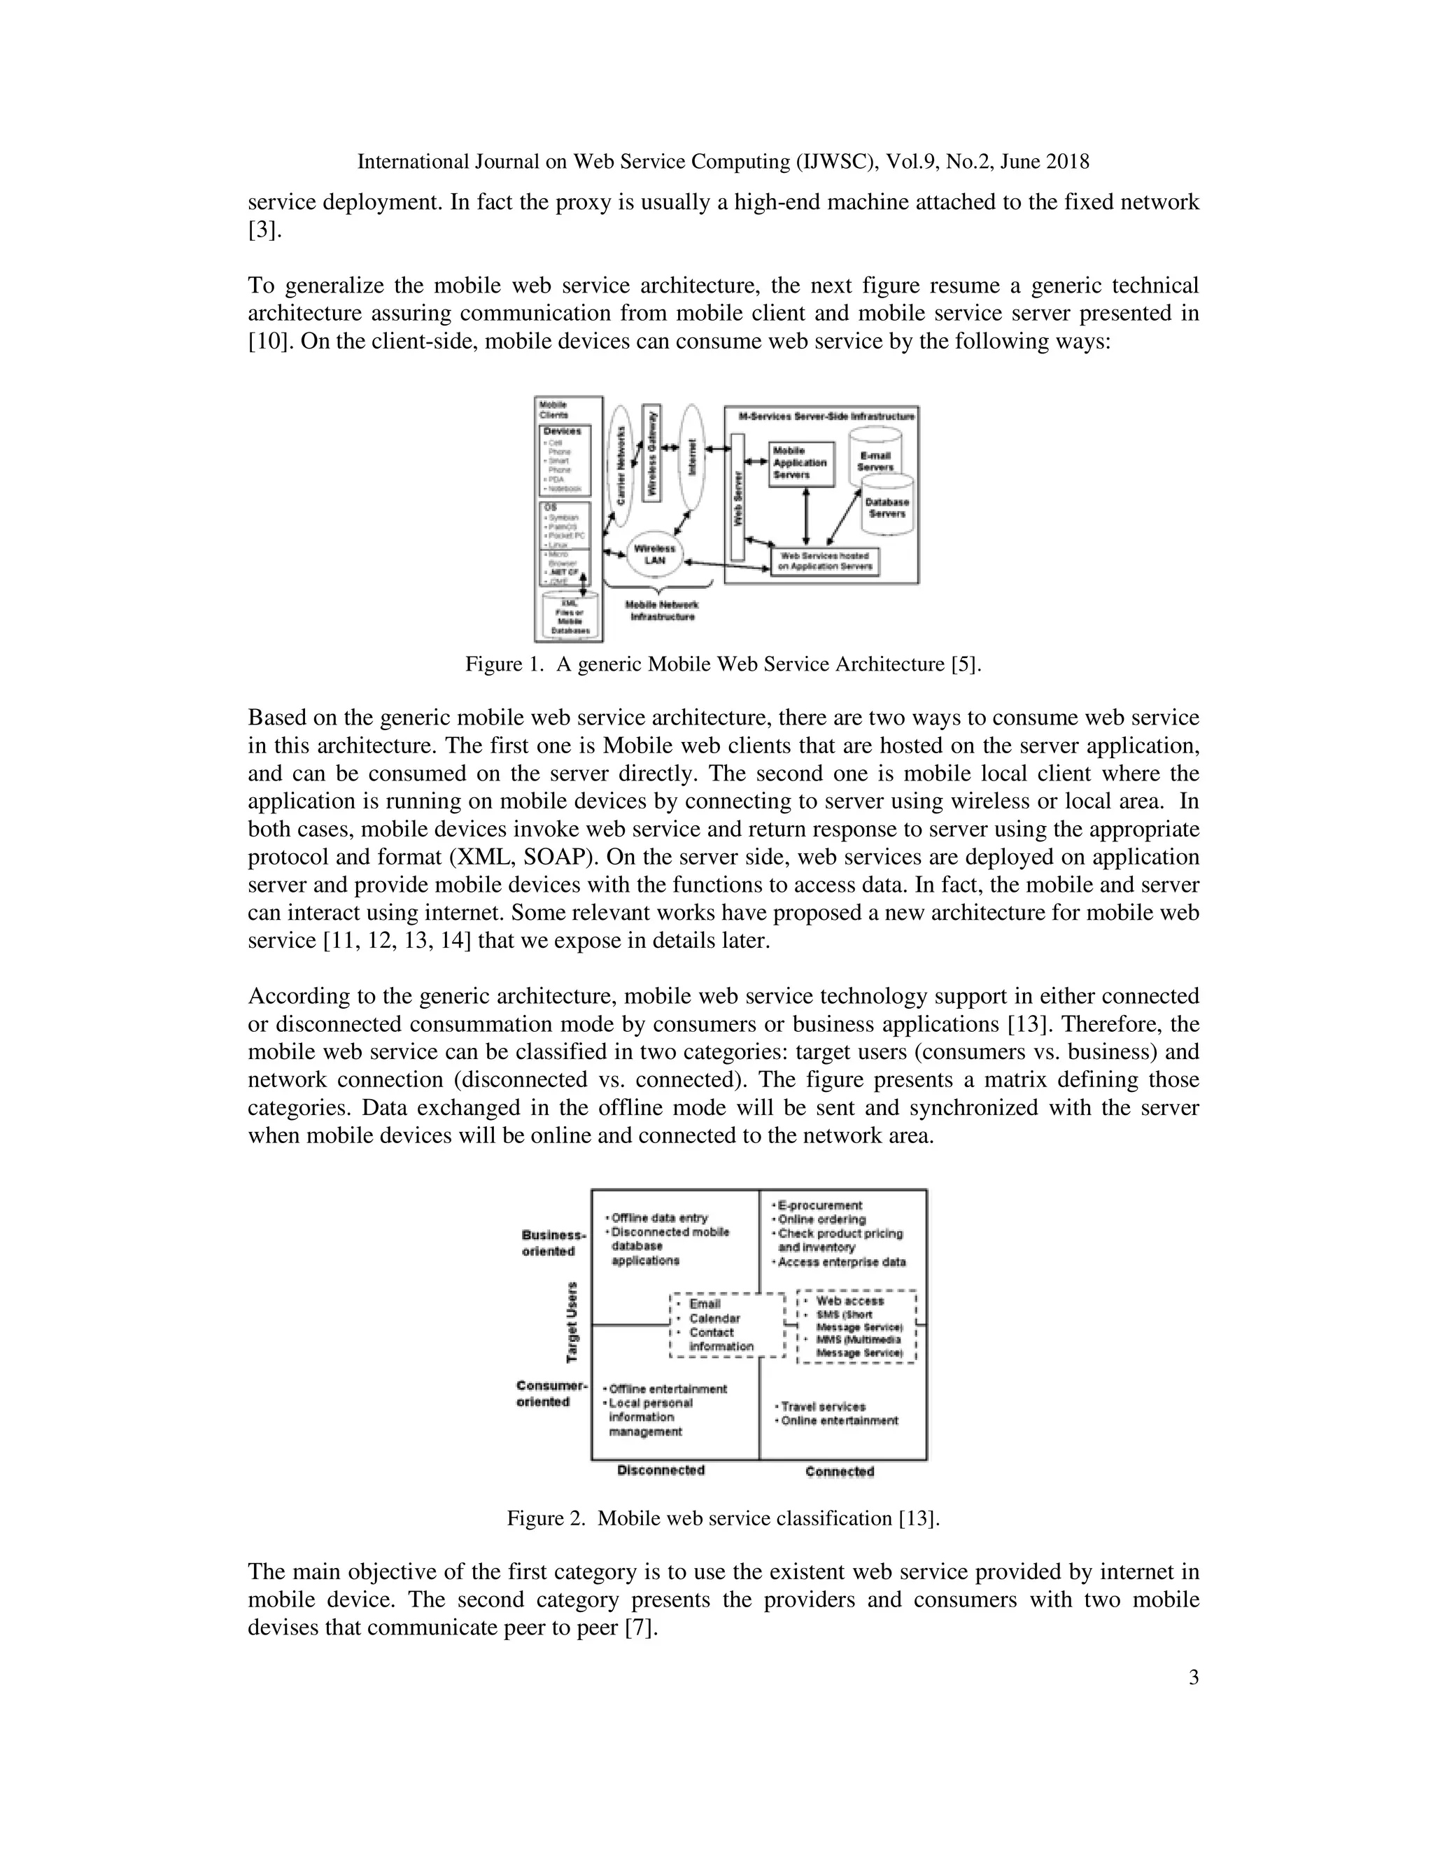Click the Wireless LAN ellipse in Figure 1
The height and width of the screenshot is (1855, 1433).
[654, 554]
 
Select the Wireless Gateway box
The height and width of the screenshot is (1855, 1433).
[652, 453]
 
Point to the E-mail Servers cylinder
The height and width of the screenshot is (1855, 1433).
[875, 458]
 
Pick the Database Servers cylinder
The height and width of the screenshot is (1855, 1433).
[887, 508]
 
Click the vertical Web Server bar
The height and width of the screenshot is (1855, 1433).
[737, 497]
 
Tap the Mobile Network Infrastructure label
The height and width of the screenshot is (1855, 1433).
[661, 610]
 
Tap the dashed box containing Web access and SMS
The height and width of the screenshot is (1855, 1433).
[857, 1326]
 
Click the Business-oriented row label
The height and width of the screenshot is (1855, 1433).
[553, 1242]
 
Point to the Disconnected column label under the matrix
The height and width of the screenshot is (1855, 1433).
[661, 1470]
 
